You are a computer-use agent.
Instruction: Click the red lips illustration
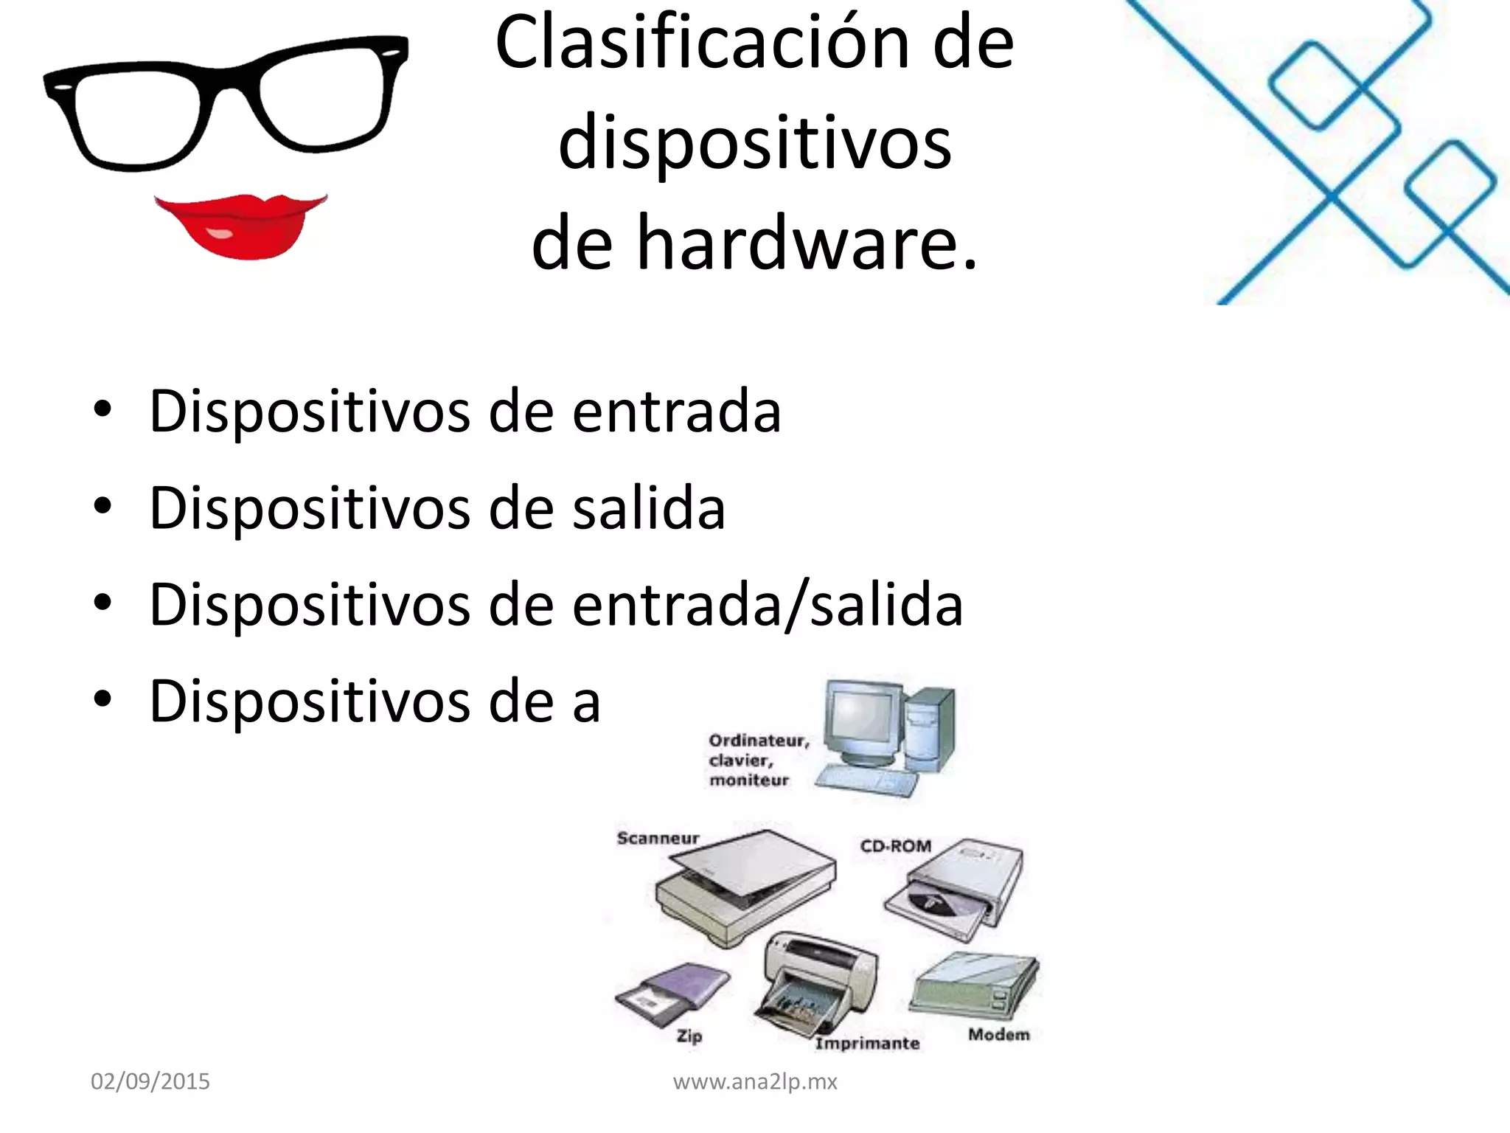pyautogui.click(x=240, y=226)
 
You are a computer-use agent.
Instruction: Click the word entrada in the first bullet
pyautogui.click(x=676, y=411)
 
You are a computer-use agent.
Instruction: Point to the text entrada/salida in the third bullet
pyautogui.click(x=767, y=605)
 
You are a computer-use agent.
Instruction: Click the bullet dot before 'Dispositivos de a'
pyautogui.click(x=102, y=699)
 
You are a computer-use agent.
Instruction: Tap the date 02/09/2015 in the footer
pyautogui.click(x=150, y=1081)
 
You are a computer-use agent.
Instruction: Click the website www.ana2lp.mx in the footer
pyautogui.click(x=755, y=1081)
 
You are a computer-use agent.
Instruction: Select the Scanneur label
pyautogui.click(x=658, y=838)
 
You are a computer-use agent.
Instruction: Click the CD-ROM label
pyautogui.click(x=896, y=845)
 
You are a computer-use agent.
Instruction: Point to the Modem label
pyautogui.click(x=999, y=1034)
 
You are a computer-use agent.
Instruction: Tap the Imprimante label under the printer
pyautogui.click(x=867, y=1043)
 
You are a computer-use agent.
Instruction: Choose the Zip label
pyautogui.click(x=689, y=1036)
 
